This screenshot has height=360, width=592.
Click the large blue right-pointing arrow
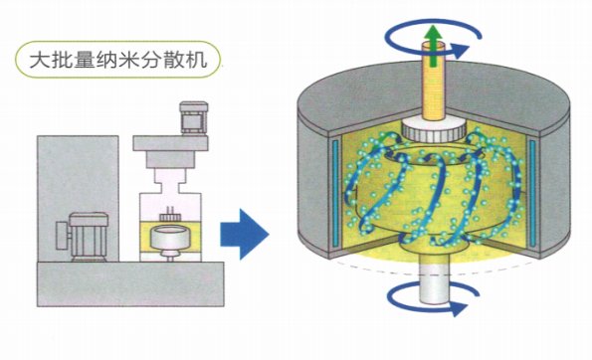(245, 235)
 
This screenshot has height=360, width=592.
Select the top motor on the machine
(194, 117)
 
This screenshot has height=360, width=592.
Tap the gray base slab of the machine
(130, 283)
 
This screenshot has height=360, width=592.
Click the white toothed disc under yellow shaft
(433, 129)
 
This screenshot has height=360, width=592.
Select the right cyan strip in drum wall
(532, 193)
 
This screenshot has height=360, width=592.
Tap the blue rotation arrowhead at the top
(459, 50)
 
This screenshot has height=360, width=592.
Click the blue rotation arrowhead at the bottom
(458, 307)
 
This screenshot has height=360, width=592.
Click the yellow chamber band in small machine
(170, 237)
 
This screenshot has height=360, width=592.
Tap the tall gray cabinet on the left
(78, 199)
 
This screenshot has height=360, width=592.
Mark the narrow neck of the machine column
(170, 187)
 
